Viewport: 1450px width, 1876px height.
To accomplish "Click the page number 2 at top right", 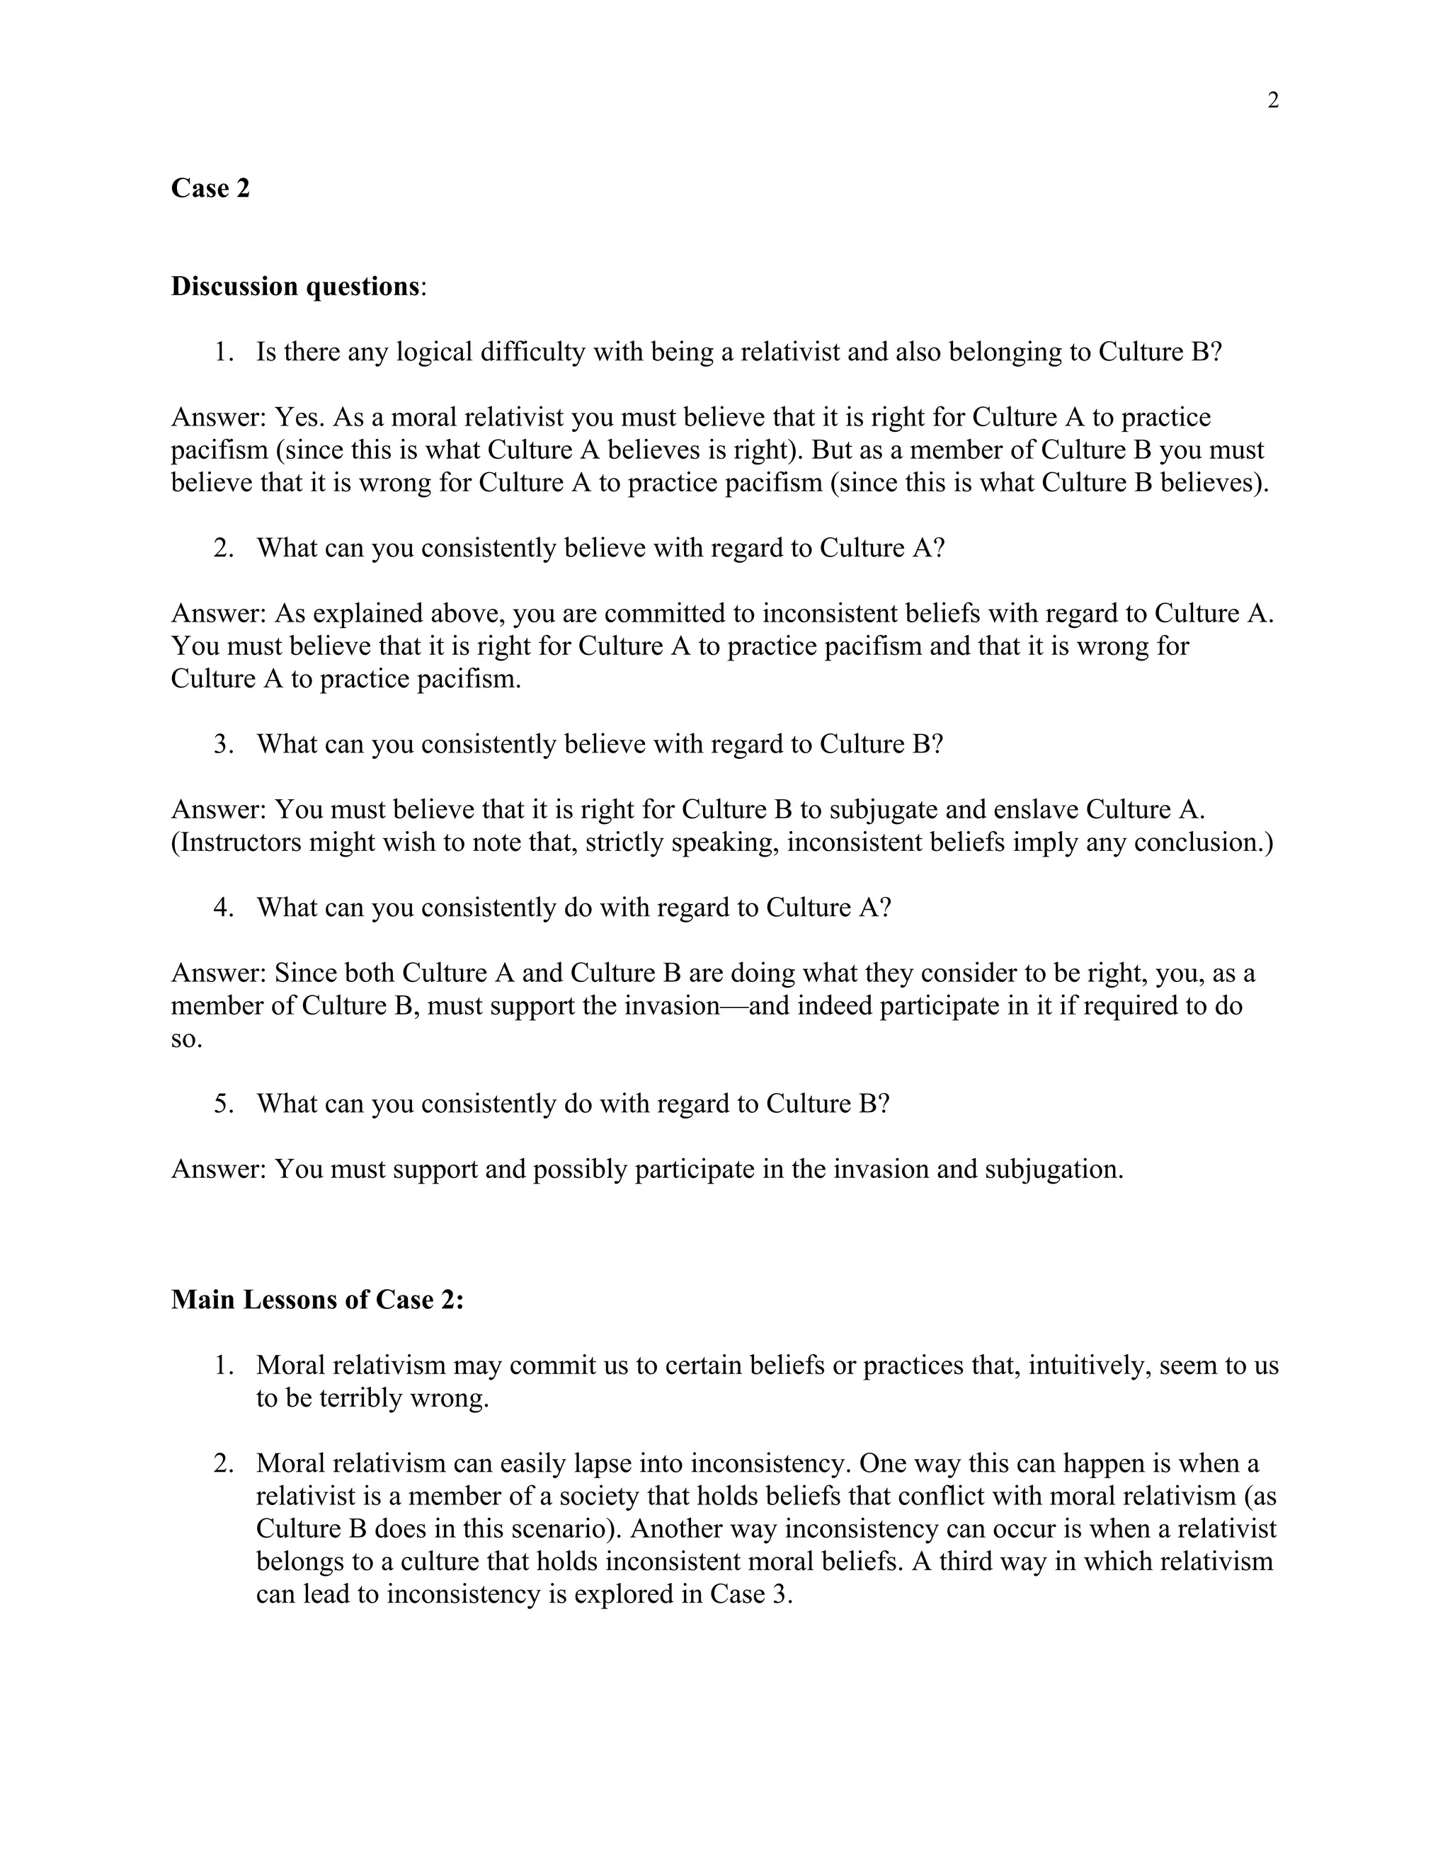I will click(x=1272, y=101).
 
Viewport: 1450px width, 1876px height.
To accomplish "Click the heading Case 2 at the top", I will click(x=210, y=188).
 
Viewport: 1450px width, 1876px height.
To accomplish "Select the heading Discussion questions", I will click(x=295, y=286).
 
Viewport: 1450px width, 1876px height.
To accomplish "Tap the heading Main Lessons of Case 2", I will click(x=317, y=1300).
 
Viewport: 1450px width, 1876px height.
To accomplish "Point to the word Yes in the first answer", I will click(x=298, y=418).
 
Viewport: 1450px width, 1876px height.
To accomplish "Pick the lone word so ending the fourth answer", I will click(x=186, y=1039).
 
